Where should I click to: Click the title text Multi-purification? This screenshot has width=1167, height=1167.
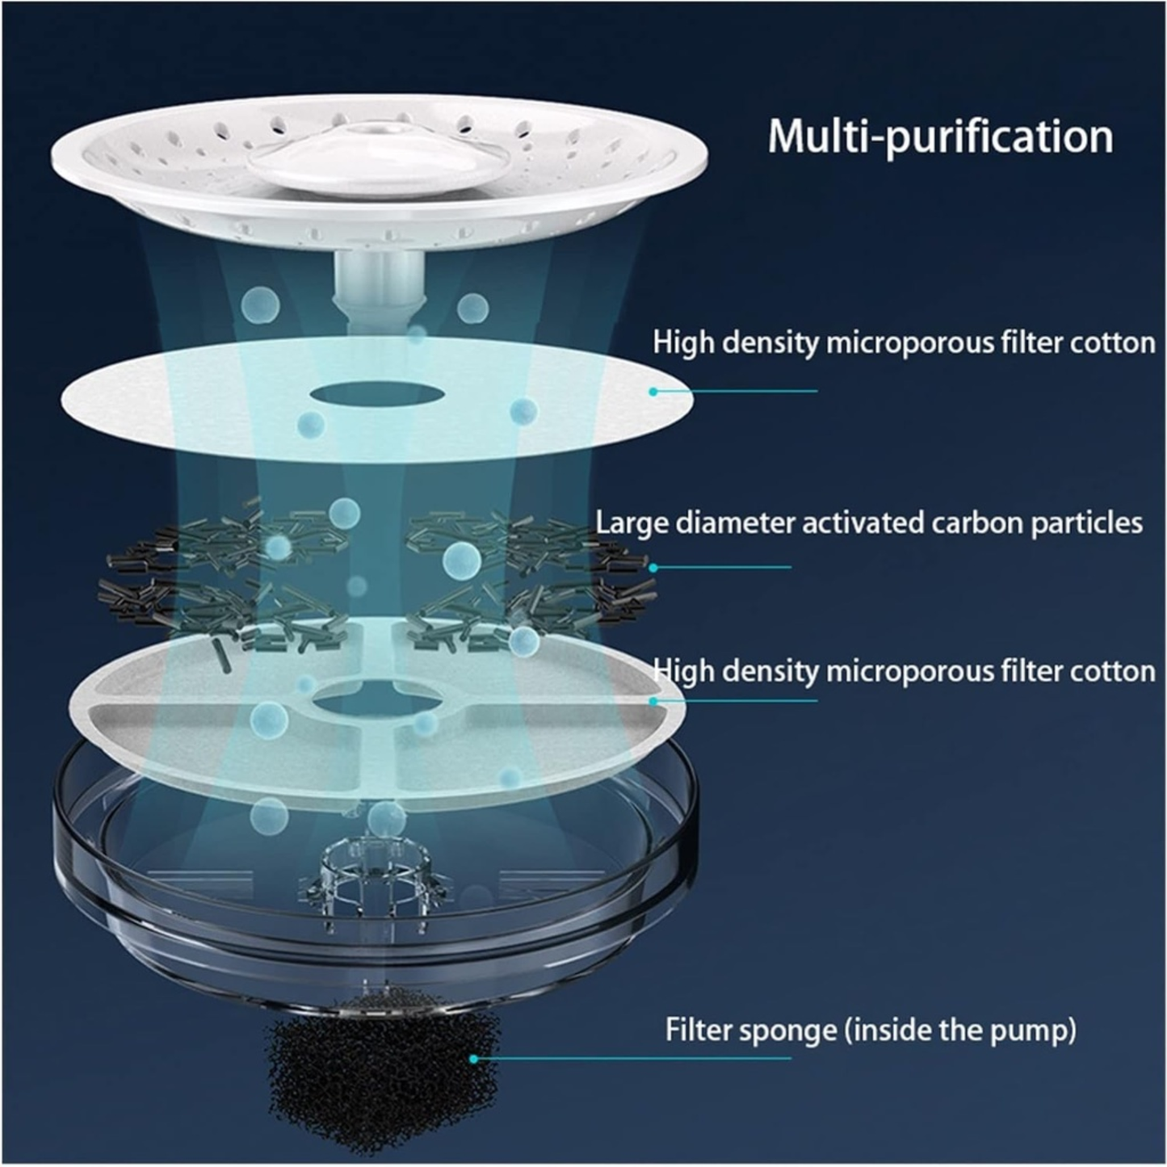click(x=939, y=136)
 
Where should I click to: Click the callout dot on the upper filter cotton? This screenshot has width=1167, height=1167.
click(x=653, y=391)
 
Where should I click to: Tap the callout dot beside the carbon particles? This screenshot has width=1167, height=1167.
click(x=653, y=567)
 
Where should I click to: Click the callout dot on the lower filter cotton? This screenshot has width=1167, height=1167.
click(x=653, y=701)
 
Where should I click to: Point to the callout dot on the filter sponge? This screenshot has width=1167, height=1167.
click(x=474, y=1058)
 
